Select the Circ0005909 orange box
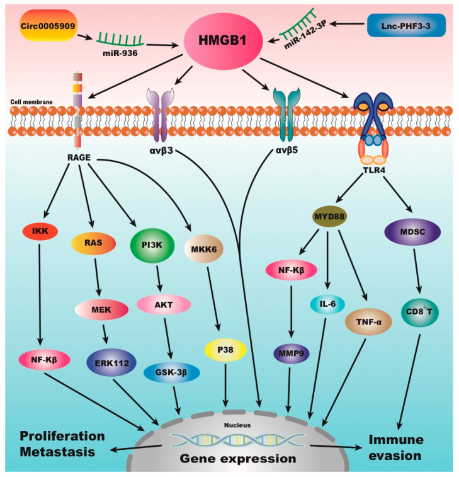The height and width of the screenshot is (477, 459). point(48,26)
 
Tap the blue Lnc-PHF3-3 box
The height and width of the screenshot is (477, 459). point(406,26)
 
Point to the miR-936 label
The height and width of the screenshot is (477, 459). point(120,53)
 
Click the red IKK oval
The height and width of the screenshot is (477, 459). point(40,231)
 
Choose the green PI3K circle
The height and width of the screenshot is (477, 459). point(152,245)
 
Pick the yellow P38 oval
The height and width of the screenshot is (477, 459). point(225,350)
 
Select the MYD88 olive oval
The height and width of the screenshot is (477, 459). point(329,216)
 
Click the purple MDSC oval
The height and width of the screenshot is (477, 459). point(412,232)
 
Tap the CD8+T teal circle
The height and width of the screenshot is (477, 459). point(419,311)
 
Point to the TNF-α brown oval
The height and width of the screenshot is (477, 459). point(368,322)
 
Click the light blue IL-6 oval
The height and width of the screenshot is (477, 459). point(327,304)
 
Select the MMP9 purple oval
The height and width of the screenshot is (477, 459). point(292,353)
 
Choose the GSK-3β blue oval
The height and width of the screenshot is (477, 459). point(171,372)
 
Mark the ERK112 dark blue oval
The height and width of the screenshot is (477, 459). point(111,362)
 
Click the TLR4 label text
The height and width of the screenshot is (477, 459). point(374,170)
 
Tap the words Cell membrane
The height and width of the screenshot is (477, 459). point(31,102)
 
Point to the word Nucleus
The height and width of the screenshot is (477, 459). point(237,425)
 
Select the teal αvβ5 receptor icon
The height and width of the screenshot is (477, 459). point(286,114)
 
